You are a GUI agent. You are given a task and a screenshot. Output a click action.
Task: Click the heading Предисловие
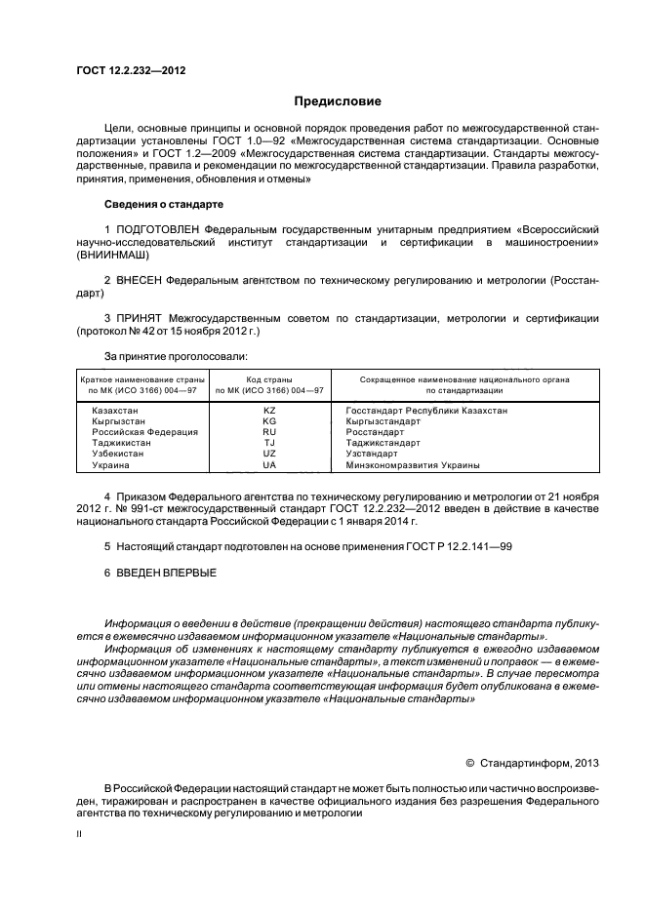(x=339, y=101)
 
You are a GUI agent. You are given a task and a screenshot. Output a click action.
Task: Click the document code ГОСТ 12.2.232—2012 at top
(x=131, y=71)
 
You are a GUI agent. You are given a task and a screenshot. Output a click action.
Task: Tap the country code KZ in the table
(x=269, y=411)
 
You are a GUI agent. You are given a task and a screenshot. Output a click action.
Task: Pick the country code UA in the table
(x=269, y=465)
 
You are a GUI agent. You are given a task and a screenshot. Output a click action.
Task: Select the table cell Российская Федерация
(x=144, y=432)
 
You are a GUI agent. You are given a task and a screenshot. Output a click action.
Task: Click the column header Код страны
(x=269, y=378)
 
